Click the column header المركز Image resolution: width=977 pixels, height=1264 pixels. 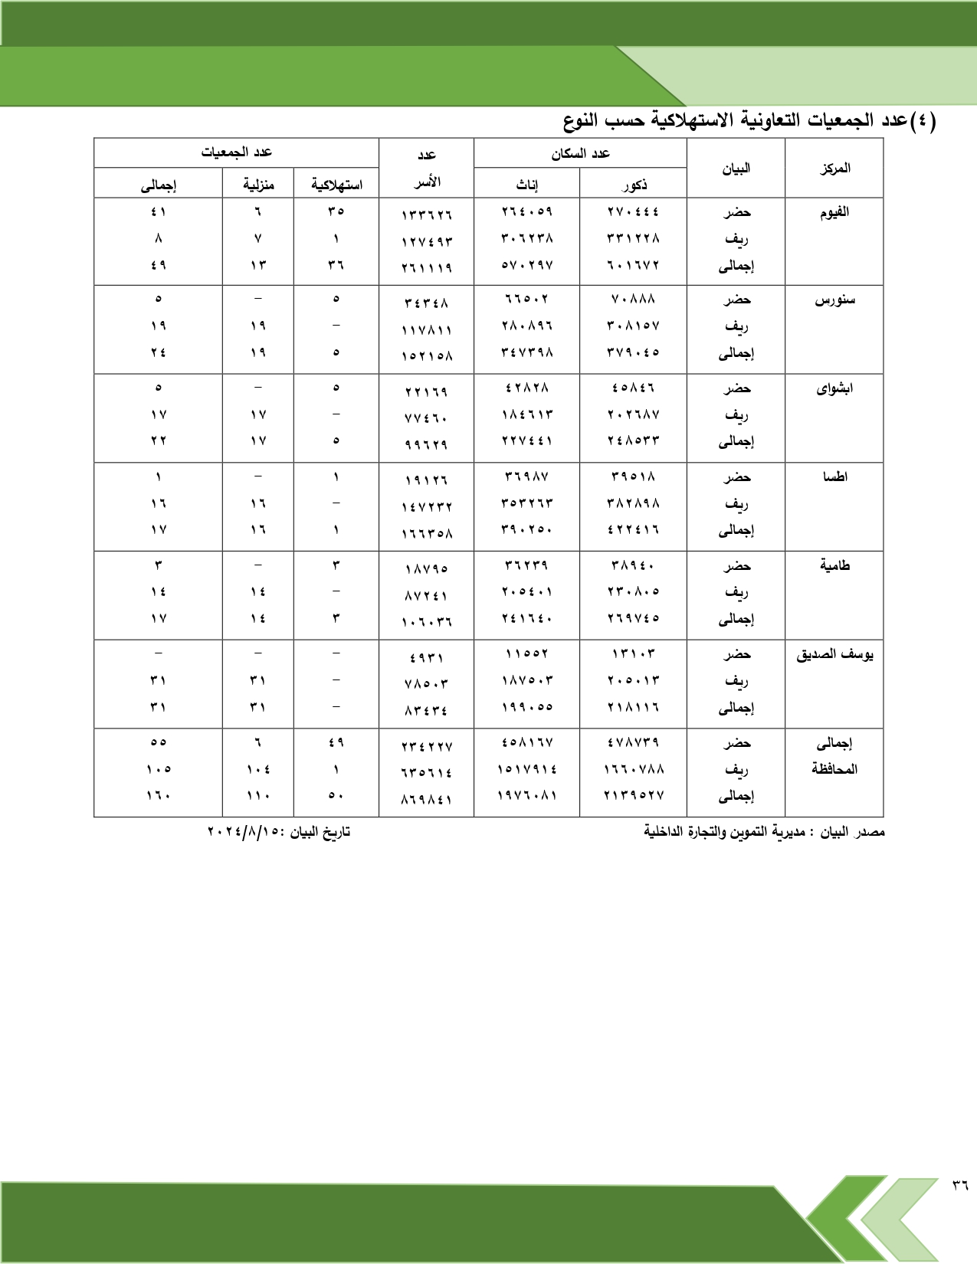coord(834,168)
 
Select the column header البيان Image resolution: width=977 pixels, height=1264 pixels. coord(736,168)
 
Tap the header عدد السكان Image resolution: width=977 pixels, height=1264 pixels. coord(580,153)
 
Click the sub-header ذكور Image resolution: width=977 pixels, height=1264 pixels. coord(634,185)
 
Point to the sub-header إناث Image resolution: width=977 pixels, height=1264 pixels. coord(526,185)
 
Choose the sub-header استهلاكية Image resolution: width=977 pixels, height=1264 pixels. coord(336,185)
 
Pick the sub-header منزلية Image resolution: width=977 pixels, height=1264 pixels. coord(258,185)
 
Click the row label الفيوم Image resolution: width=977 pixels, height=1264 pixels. coord(834,212)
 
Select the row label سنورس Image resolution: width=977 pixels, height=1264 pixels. coord(834,300)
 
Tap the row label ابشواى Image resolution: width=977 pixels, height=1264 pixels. coord(834,388)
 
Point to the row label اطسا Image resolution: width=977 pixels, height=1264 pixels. coord(834,476)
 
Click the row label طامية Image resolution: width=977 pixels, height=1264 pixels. coord(834,565)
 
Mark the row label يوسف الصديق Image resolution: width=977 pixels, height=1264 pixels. coord(834,654)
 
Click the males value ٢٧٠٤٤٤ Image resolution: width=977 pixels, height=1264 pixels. coord(633,211)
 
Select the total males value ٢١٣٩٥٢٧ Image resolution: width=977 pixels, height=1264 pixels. coord(633,795)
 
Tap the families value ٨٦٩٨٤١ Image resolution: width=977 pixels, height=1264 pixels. coord(426,799)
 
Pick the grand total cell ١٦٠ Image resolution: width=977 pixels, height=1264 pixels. coord(158,795)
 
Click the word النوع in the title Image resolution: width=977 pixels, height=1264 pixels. coord(580,120)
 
